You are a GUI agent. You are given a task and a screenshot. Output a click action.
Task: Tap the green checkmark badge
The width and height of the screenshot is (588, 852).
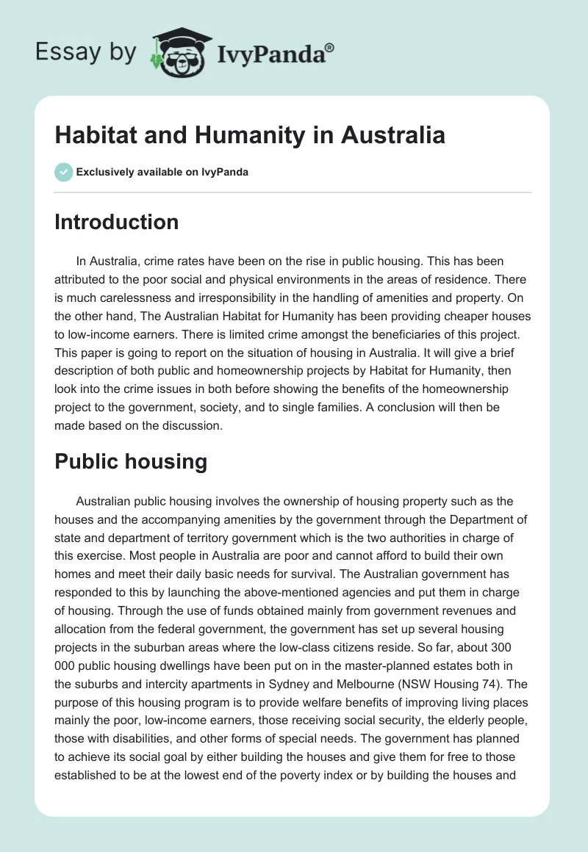click(x=63, y=172)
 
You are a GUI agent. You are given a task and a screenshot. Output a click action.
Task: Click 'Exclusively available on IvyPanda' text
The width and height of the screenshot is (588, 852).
click(x=162, y=172)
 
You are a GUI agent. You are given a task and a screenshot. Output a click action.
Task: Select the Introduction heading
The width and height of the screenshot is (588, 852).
click(x=116, y=222)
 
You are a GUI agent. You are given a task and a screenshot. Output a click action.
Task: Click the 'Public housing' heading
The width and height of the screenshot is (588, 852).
click(x=131, y=461)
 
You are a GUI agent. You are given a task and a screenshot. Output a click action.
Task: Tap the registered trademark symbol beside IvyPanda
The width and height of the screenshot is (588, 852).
click(x=330, y=47)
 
